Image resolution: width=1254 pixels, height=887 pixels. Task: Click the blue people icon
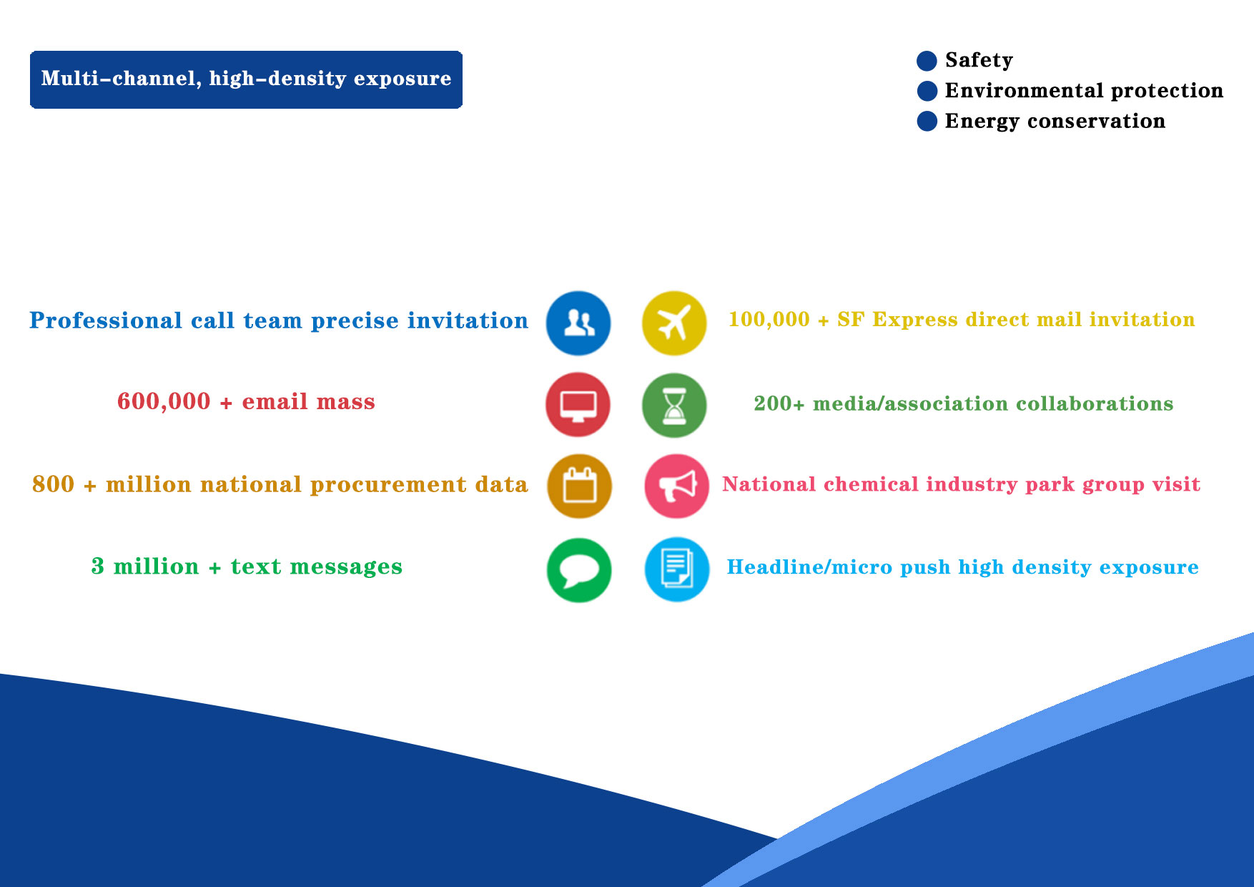pyautogui.click(x=578, y=323)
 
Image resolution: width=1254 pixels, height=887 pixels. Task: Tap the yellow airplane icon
pyautogui.click(x=674, y=323)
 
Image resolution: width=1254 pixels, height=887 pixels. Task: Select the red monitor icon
pyautogui.click(x=578, y=405)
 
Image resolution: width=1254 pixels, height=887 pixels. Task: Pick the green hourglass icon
pyautogui.click(x=674, y=405)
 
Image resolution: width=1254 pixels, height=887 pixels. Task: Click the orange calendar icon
pyautogui.click(x=580, y=486)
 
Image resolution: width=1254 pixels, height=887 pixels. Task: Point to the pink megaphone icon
pyautogui.click(x=677, y=486)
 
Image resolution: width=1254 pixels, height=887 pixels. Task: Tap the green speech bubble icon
pyautogui.click(x=579, y=570)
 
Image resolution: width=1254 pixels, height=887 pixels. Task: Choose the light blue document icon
pyautogui.click(x=677, y=569)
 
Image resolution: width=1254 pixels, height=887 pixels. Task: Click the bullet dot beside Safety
pyautogui.click(x=927, y=61)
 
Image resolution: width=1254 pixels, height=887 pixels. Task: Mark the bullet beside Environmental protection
pyautogui.click(x=927, y=91)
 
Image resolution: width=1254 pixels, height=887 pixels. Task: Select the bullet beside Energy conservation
pyautogui.click(x=927, y=122)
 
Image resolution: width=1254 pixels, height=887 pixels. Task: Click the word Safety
pyautogui.click(x=979, y=61)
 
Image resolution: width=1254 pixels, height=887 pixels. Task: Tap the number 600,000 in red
pyautogui.click(x=164, y=402)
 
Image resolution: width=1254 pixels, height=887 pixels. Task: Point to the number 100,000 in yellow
pyautogui.click(x=769, y=320)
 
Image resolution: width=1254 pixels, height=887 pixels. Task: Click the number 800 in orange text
pyautogui.click(x=53, y=484)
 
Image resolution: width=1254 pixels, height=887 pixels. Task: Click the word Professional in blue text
pyautogui.click(x=106, y=321)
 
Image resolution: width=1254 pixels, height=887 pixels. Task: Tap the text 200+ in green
pyautogui.click(x=779, y=404)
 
